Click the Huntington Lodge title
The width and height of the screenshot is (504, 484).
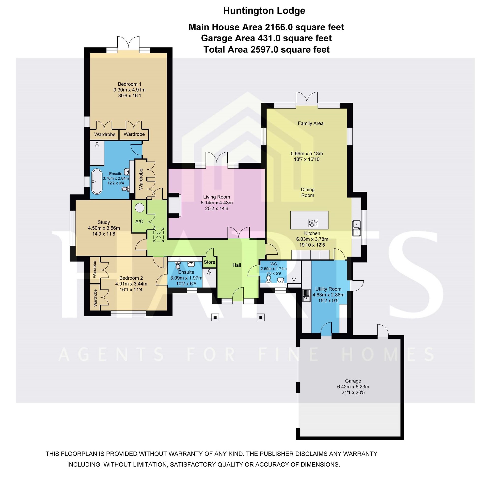264,11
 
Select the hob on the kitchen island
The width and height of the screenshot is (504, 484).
313,223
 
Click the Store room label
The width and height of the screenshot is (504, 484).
209,262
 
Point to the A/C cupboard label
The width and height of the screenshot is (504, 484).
139,221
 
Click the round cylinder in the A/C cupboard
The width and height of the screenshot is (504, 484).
140,208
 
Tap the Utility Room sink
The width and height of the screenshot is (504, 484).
306,295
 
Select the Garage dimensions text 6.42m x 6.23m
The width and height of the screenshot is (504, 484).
353,387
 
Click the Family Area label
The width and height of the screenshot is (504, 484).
311,123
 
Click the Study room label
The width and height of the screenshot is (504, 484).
104,222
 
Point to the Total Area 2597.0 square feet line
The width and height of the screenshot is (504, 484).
267,49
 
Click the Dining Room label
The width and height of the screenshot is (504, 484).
308,192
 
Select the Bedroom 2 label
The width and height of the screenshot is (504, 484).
131,278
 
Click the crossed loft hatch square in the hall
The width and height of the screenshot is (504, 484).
159,235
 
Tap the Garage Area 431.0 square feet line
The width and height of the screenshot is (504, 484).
267,38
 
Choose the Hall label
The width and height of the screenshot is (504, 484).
237,265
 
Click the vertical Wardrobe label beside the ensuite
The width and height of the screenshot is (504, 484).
141,179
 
